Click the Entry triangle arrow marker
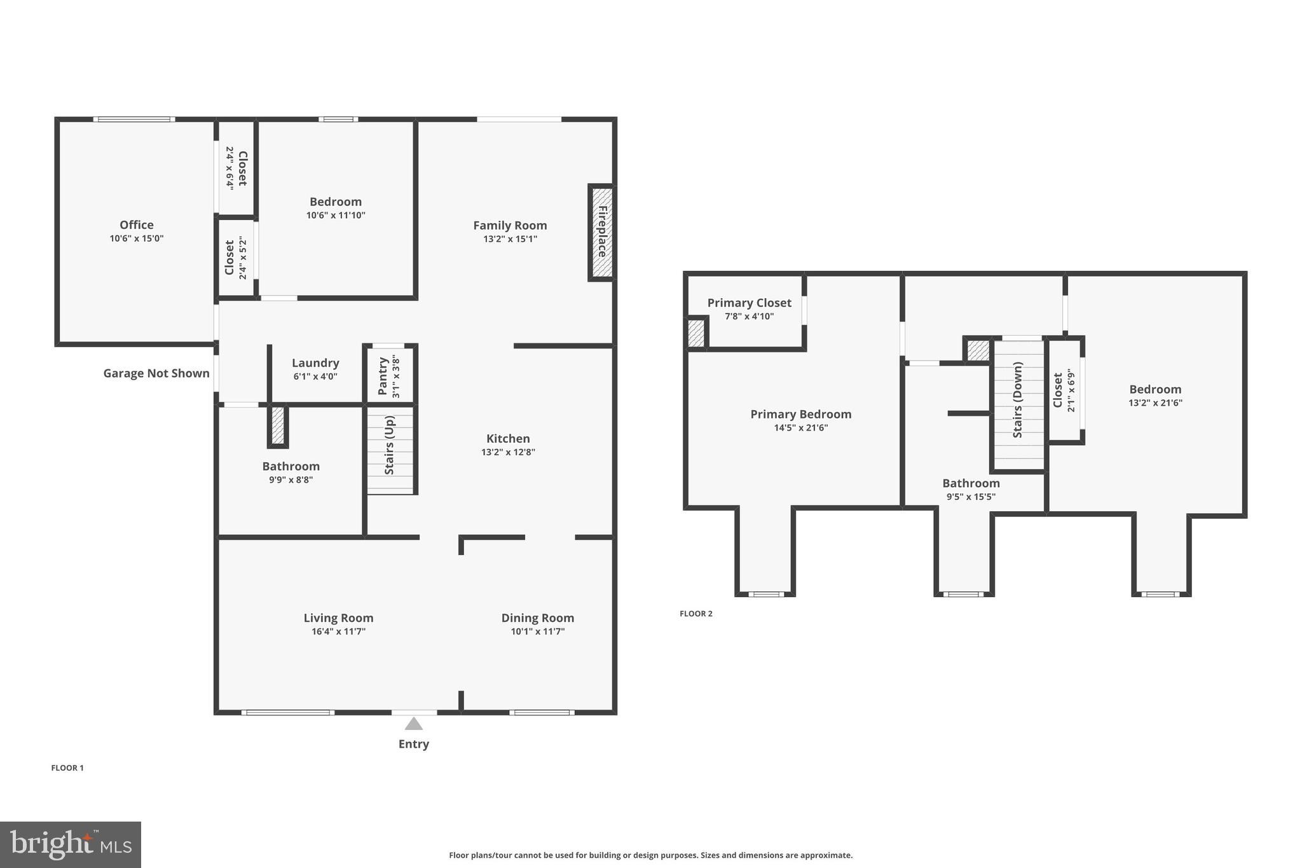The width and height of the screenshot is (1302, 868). pos(414,724)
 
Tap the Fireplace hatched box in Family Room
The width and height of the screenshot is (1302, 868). pos(601,232)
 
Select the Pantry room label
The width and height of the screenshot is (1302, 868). pos(383,376)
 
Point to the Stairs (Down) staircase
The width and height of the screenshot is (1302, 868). pos(1018,404)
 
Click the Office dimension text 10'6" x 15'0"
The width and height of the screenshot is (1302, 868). pos(137,238)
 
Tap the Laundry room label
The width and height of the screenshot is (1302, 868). pos(315,363)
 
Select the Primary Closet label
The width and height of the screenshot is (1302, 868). pos(749,303)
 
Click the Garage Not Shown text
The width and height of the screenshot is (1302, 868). pos(156,373)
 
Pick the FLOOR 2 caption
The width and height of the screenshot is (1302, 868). pos(696,614)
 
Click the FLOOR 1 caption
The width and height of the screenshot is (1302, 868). pos(67,768)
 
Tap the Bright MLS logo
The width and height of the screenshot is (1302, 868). pos(71,844)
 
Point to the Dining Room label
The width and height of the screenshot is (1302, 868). pos(537,618)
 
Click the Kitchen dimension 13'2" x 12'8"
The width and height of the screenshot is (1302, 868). pos(508,452)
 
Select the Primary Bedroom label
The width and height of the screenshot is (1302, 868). pos(800,415)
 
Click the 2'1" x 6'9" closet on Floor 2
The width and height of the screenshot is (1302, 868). pos(1065,390)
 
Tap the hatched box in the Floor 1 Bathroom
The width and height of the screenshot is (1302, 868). pos(278,425)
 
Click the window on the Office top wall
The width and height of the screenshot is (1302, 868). pos(134,120)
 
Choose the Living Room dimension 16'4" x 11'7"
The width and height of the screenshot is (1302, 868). pos(338,631)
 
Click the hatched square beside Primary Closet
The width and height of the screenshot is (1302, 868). pos(697,333)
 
